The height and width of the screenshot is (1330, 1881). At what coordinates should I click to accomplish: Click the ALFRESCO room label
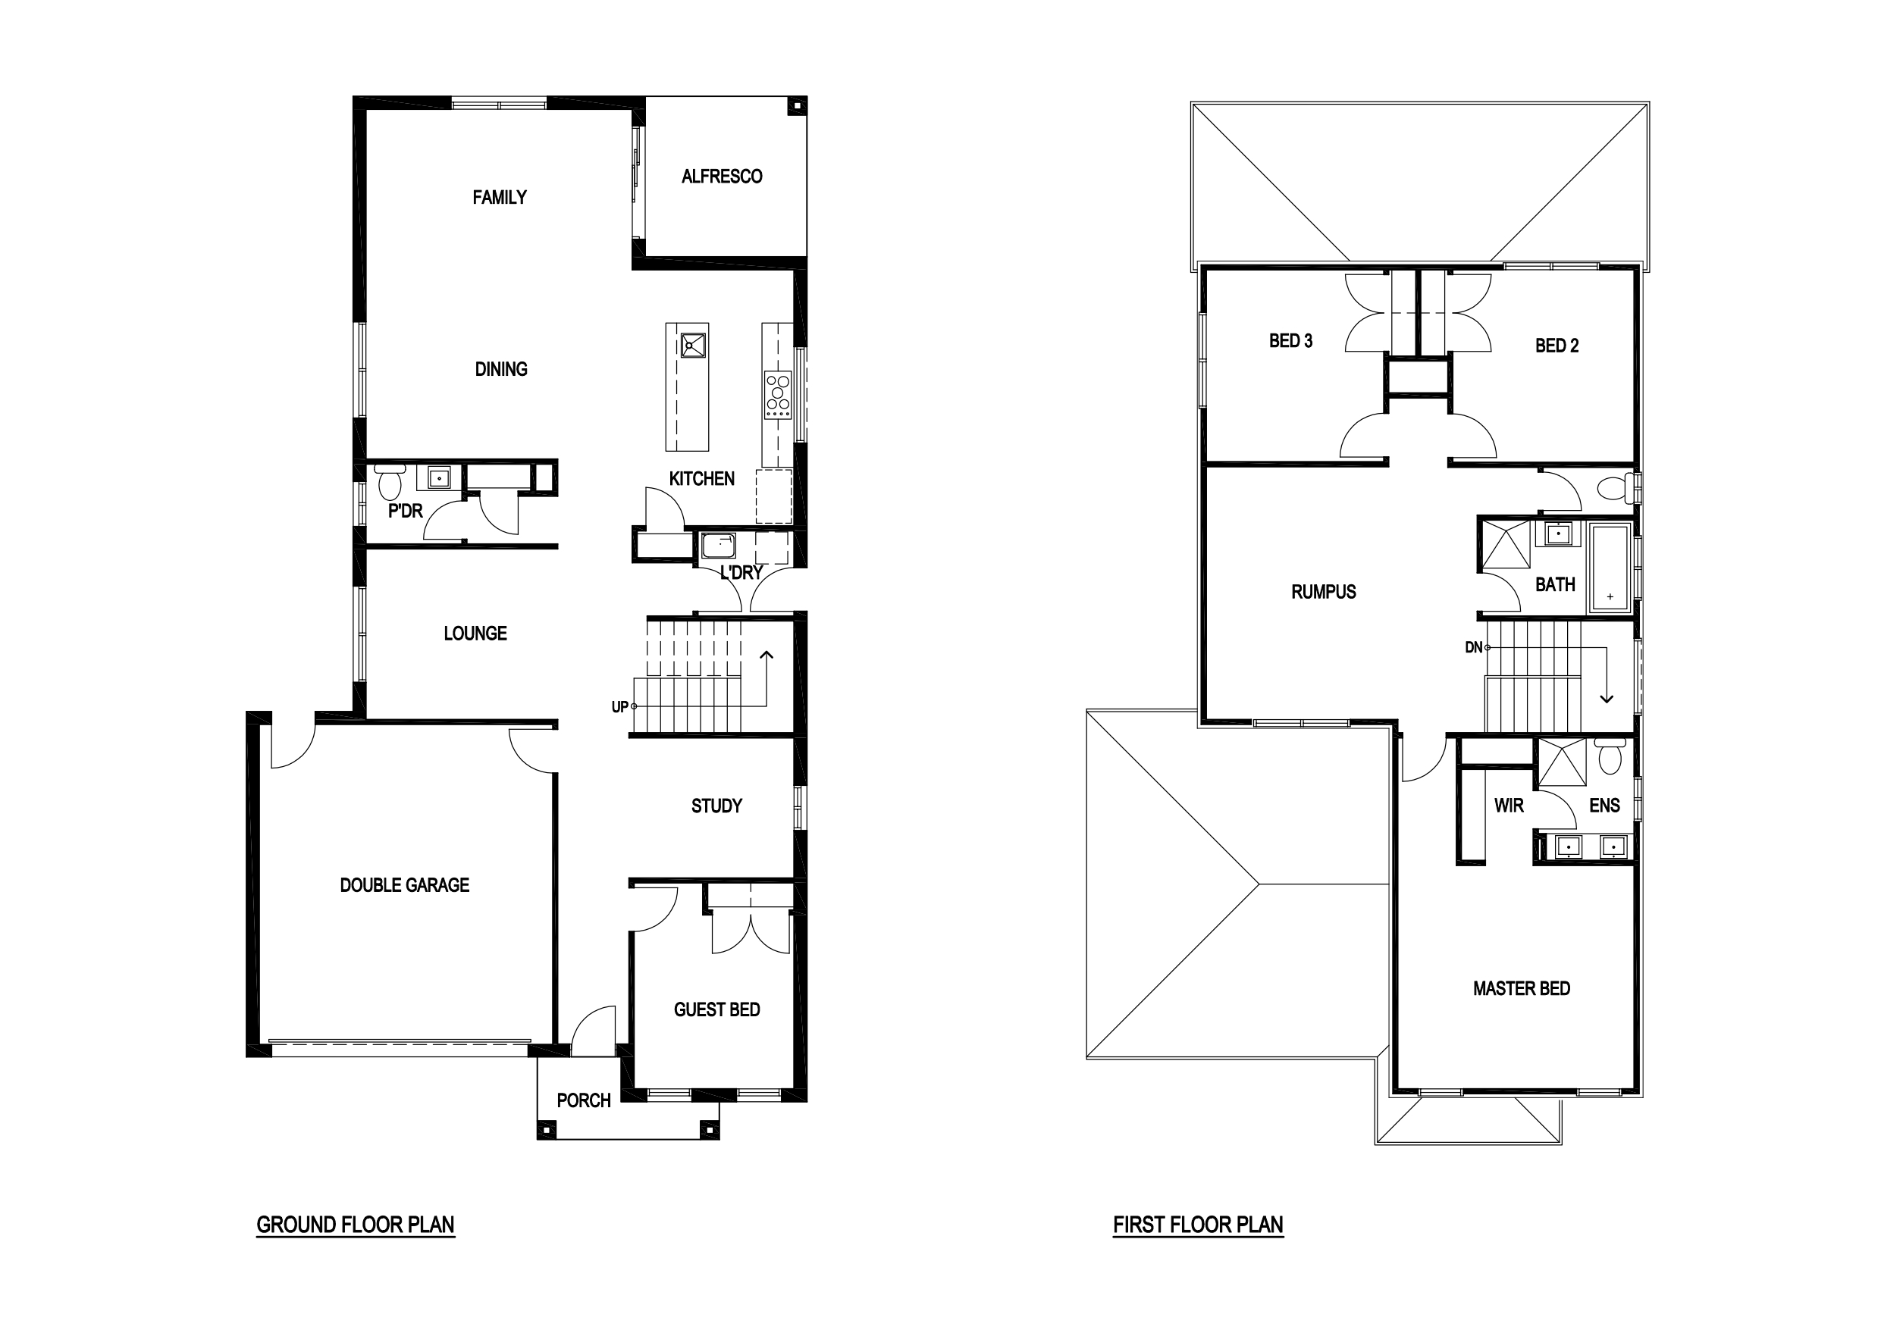(x=722, y=176)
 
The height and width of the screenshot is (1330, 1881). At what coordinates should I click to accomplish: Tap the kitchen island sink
(x=693, y=345)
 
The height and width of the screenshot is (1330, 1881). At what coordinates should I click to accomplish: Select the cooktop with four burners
(x=777, y=395)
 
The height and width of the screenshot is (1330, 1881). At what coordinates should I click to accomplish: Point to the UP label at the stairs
(x=620, y=707)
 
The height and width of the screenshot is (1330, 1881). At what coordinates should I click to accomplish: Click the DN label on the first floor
(x=1474, y=648)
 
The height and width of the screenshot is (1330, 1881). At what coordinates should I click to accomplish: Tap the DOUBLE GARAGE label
(x=405, y=884)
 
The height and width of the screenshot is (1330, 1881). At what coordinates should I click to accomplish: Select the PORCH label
(x=584, y=1100)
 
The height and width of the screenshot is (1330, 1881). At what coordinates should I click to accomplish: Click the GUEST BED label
(x=717, y=1009)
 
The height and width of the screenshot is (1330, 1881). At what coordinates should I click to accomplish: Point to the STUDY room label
(x=717, y=806)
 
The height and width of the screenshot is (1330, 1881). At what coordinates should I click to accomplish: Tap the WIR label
(x=1509, y=806)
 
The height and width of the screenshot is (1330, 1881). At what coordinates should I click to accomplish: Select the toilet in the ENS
(x=1610, y=756)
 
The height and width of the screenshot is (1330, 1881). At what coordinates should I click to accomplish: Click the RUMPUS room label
(x=1324, y=592)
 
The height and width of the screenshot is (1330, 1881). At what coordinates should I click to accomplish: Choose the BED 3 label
(x=1291, y=341)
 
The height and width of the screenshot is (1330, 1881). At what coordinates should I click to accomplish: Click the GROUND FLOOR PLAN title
(x=356, y=1225)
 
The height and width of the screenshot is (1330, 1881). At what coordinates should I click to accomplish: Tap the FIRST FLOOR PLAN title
(x=1199, y=1225)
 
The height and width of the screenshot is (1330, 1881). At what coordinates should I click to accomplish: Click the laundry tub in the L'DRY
(x=719, y=546)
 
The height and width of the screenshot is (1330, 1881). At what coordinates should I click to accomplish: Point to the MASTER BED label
(x=1522, y=988)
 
